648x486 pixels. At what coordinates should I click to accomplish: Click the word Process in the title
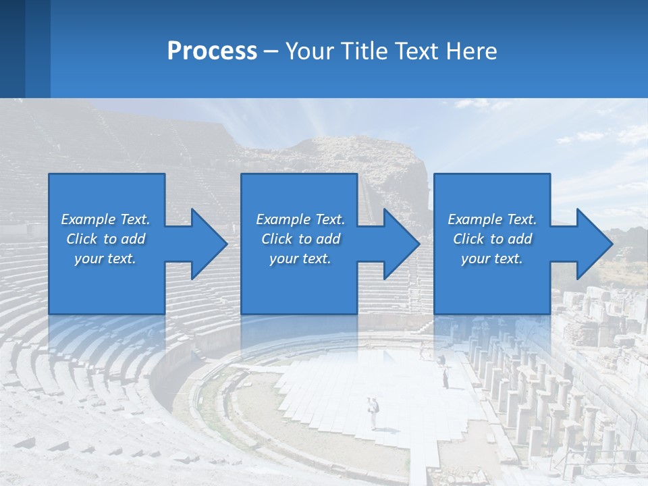[212, 51]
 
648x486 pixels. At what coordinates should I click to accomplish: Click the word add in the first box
[134, 239]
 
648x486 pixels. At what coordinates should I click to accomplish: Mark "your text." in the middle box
[300, 259]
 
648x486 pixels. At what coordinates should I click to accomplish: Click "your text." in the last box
[491, 259]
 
